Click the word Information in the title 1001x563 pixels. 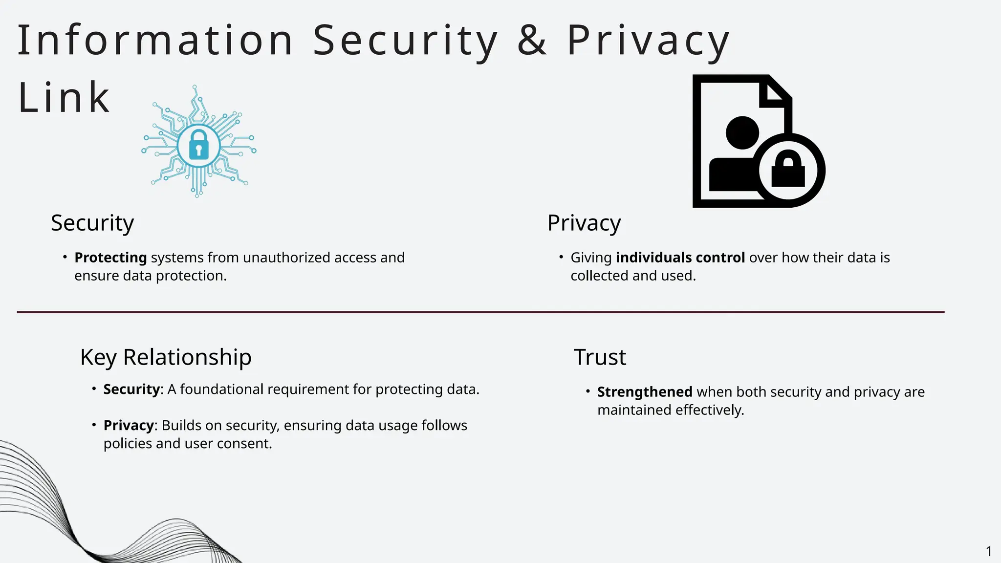[x=155, y=40]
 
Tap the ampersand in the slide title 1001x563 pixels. [x=532, y=40]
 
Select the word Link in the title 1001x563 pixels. [x=64, y=98]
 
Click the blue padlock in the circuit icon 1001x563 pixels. [x=198, y=145]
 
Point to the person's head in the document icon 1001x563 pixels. [x=742, y=132]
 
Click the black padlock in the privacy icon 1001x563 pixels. [x=788, y=171]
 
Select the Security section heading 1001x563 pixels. [x=92, y=223]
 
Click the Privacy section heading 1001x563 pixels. [x=584, y=223]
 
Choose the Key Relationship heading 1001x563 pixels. [x=166, y=357]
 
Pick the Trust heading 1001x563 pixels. [x=600, y=357]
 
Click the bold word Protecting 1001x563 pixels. [x=110, y=258]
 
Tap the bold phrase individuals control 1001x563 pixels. [x=680, y=258]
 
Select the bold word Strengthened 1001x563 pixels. [x=645, y=392]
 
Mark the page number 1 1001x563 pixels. [x=989, y=552]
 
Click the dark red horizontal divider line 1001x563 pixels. [x=480, y=312]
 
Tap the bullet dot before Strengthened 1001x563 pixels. [x=588, y=391]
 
